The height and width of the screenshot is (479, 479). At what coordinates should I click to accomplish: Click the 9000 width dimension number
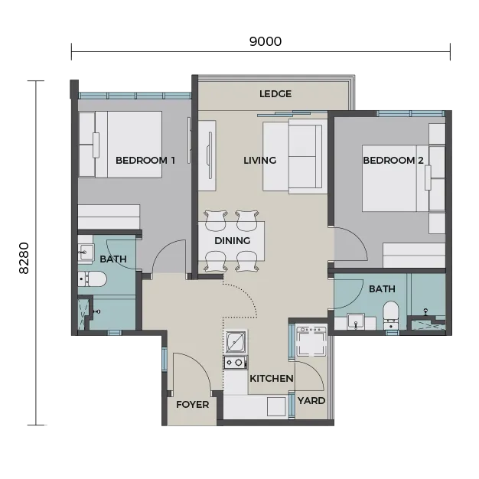(x=266, y=41)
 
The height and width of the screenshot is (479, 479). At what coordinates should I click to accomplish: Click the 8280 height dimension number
(x=24, y=258)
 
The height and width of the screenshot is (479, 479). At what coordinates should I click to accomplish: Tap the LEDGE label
(x=275, y=94)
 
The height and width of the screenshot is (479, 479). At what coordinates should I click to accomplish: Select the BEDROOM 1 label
(x=145, y=161)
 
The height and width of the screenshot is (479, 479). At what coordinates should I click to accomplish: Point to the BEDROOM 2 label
(x=393, y=161)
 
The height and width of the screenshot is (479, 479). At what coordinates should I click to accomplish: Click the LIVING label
(x=259, y=161)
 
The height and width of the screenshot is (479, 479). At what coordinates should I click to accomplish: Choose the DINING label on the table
(x=232, y=241)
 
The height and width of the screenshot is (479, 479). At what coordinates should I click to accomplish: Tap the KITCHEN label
(x=272, y=379)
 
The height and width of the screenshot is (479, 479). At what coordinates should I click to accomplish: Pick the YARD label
(x=311, y=400)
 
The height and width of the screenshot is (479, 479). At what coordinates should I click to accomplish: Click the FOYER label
(x=193, y=405)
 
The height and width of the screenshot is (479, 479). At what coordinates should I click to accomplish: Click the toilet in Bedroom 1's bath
(x=92, y=279)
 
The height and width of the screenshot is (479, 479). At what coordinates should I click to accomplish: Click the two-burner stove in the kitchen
(x=236, y=363)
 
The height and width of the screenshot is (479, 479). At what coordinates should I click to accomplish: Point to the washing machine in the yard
(x=311, y=341)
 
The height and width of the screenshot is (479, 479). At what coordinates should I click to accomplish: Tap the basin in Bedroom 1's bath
(x=86, y=252)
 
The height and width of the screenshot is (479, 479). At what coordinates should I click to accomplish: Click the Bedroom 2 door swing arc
(x=360, y=239)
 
